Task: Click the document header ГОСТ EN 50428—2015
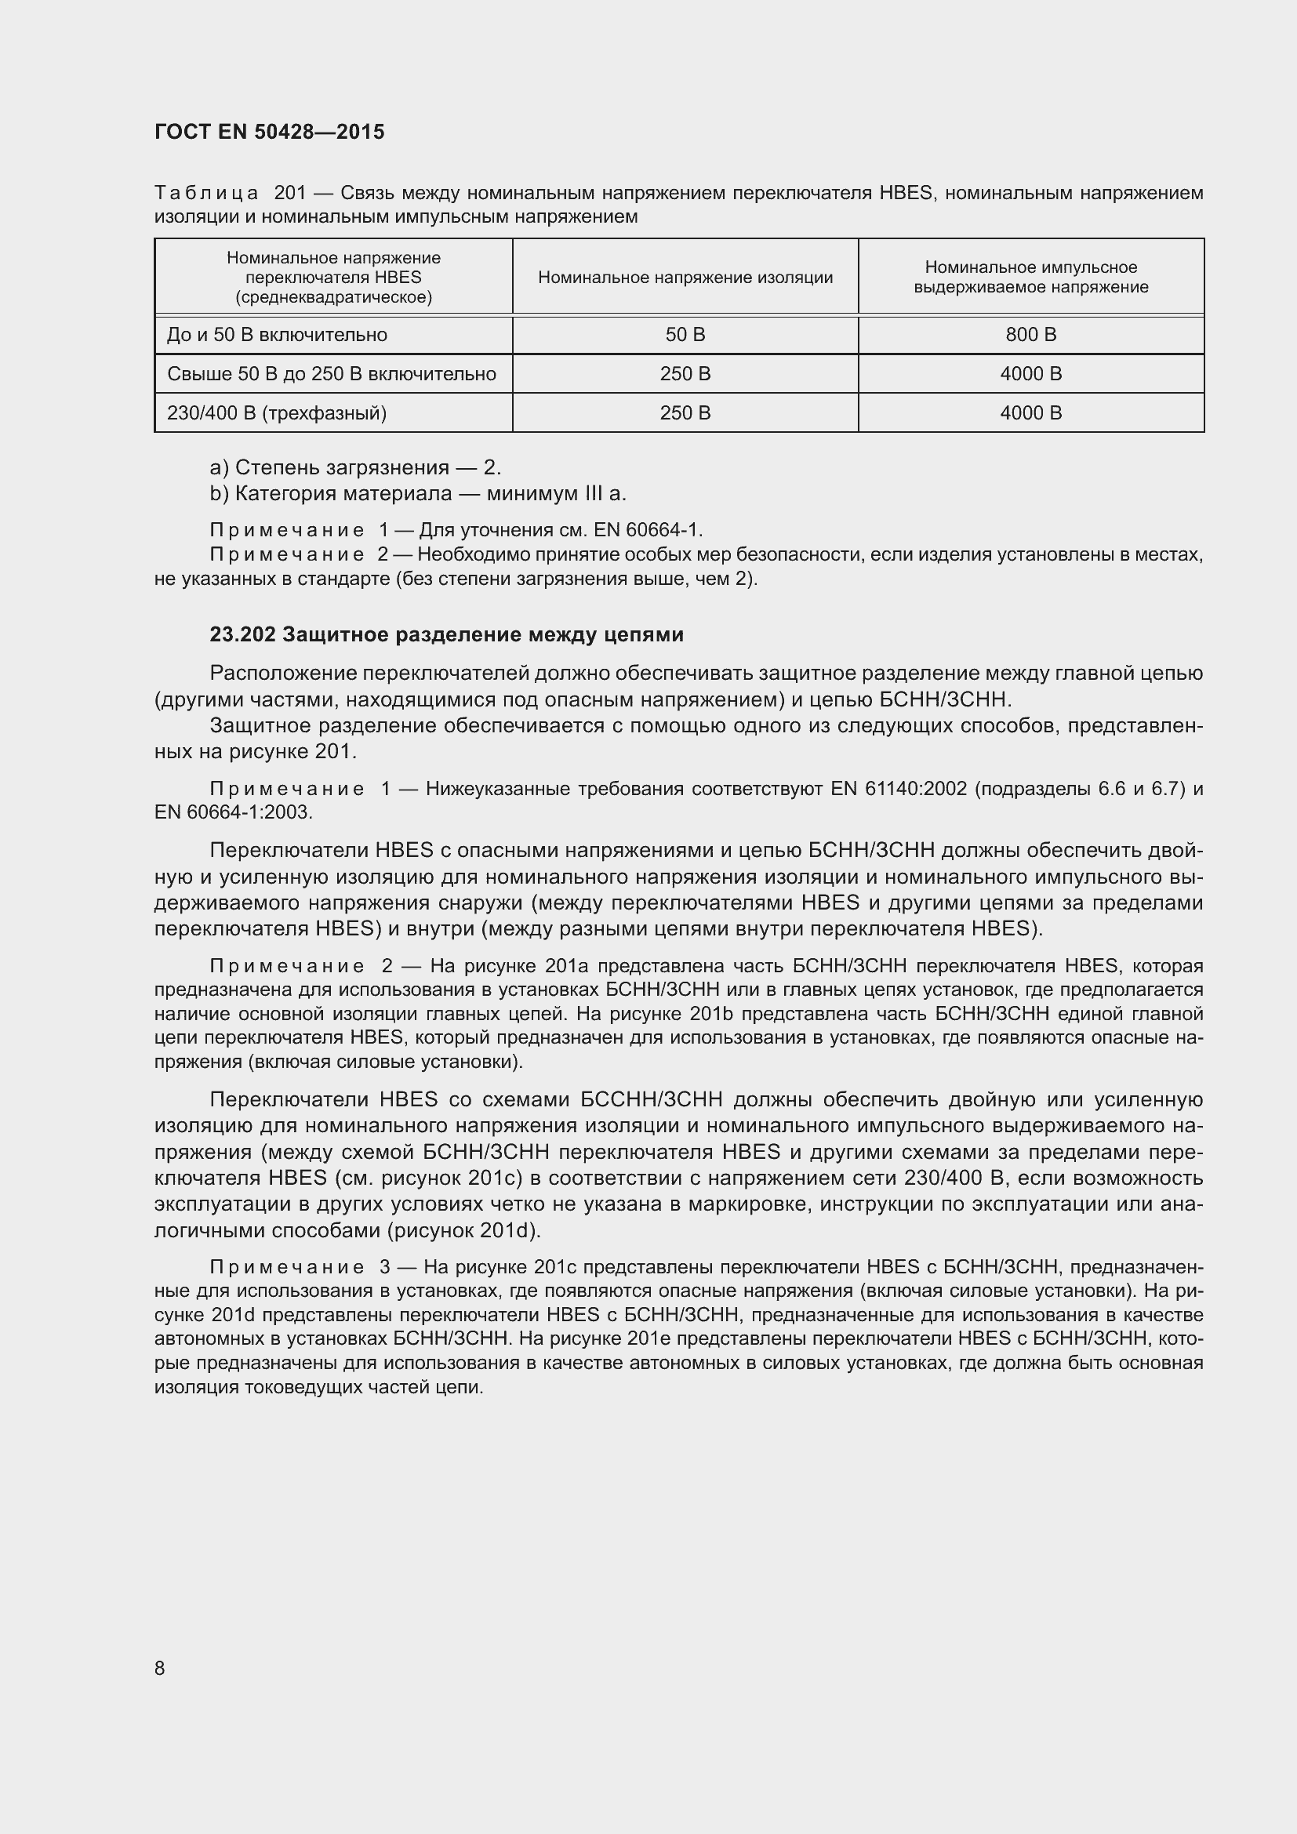269,132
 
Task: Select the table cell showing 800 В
1030,335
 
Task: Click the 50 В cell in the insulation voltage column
685,335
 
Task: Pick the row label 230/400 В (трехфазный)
276,413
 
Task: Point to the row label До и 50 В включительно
276,335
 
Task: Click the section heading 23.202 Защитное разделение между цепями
446,634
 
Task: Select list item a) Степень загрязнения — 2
355,467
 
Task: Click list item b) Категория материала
418,494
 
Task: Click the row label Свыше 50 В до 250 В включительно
332,374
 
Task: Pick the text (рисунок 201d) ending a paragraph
463,1231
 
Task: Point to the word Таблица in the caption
206,193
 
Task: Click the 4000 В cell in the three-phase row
1030,413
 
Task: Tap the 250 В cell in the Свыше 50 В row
685,374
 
